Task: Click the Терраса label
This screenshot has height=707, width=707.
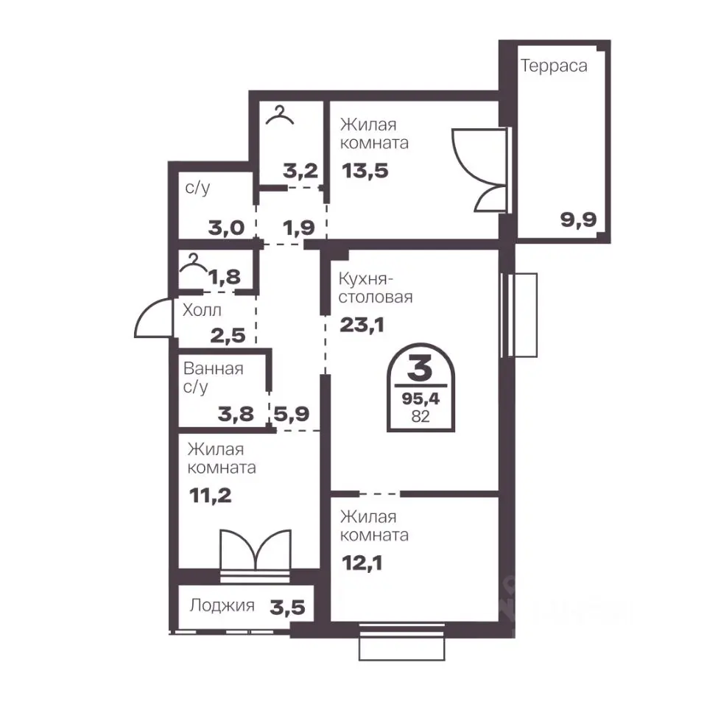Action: pyautogui.click(x=554, y=66)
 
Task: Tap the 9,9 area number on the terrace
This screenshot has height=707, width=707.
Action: pyautogui.click(x=578, y=220)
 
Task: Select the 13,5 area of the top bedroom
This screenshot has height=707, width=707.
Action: pyautogui.click(x=365, y=171)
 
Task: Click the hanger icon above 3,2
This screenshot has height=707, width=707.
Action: pyautogui.click(x=280, y=115)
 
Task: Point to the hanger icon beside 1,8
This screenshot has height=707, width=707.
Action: pyautogui.click(x=194, y=264)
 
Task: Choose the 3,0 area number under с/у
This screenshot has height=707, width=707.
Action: pyautogui.click(x=226, y=228)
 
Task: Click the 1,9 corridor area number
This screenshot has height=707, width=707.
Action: pyautogui.click(x=298, y=228)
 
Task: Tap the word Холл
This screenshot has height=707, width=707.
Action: pyautogui.click(x=202, y=310)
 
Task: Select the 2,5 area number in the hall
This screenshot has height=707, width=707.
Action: pyautogui.click(x=228, y=336)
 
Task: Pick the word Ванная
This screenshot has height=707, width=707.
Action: pyautogui.click(x=214, y=369)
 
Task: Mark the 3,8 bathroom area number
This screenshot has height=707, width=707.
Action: pyautogui.click(x=236, y=414)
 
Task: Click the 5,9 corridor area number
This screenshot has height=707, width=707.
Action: pyautogui.click(x=292, y=414)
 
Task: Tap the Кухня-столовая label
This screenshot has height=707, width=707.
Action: pyautogui.click(x=376, y=288)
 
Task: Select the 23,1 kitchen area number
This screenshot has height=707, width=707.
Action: pyautogui.click(x=362, y=325)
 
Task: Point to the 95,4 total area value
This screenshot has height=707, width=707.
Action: pyautogui.click(x=421, y=398)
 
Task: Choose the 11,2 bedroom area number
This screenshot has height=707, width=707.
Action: pyautogui.click(x=210, y=496)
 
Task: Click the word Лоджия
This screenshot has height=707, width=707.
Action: pyautogui.click(x=222, y=605)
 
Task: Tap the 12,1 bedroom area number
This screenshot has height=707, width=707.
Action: pyautogui.click(x=362, y=563)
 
